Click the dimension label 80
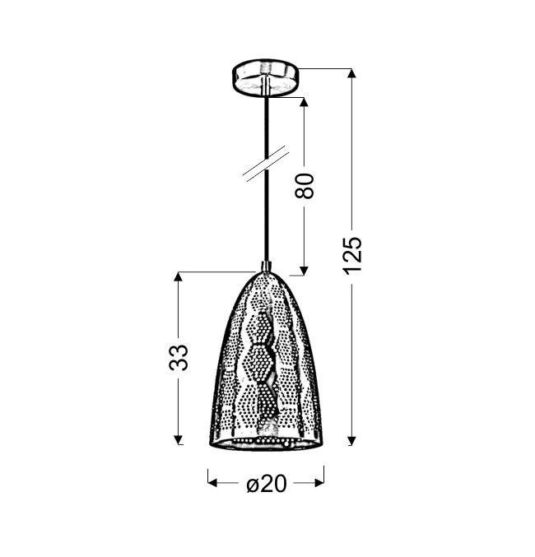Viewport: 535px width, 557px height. coord(305,185)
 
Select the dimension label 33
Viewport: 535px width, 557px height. coord(179,358)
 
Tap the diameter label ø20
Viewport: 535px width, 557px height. coord(266,484)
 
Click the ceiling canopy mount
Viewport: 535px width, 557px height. coord(265,77)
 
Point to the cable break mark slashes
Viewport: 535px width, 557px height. coord(266,164)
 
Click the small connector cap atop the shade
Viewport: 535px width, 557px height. coord(267,266)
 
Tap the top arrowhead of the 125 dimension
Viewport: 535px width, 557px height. coord(351,73)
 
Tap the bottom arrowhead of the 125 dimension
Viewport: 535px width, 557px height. coord(351,440)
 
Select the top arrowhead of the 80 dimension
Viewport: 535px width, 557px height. coord(304,102)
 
